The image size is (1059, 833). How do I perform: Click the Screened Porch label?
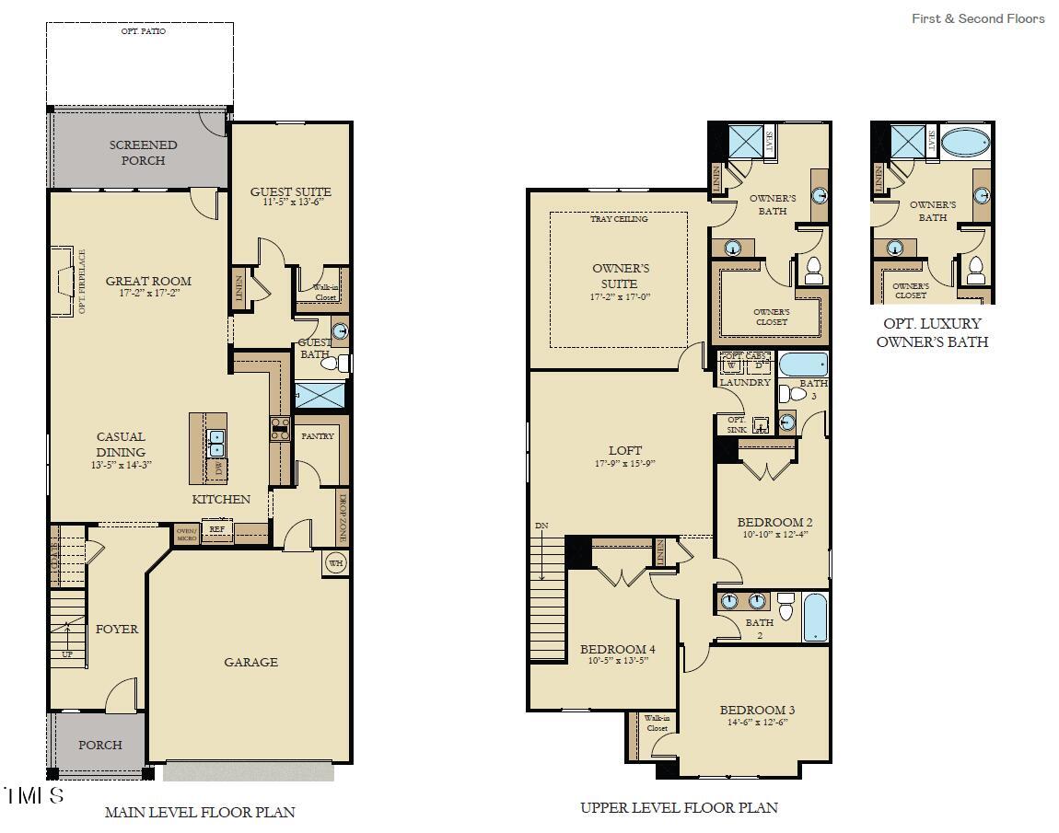pos(143,152)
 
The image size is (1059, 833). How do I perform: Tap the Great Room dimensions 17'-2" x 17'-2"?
pos(148,294)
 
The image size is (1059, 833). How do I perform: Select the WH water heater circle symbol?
pos(335,564)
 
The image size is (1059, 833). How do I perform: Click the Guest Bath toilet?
pos(333,364)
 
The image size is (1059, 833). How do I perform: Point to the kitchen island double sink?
pos(217,444)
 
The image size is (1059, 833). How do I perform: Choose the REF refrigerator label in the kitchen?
pos(217,529)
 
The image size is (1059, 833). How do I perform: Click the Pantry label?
pos(318,435)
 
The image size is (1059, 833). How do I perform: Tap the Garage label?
pos(250,662)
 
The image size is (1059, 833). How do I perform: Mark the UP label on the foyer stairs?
pos(67,654)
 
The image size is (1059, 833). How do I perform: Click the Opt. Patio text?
pos(144,31)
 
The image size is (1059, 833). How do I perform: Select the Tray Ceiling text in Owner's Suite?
pos(619,219)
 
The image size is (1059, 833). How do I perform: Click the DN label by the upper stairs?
pos(541,526)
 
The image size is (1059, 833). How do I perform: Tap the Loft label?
pos(625,450)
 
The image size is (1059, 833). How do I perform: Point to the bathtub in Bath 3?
pos(802,364)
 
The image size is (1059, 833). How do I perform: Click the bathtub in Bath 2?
pos(816,617)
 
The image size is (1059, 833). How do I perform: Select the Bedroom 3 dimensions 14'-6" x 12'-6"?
pos(757,723)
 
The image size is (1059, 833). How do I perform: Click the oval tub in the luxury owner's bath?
pos(965,143)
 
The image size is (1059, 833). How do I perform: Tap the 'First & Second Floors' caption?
pos(978,18)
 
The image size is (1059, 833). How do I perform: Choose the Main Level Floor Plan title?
pos(200,812)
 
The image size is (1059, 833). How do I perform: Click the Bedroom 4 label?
pos(618,649)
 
